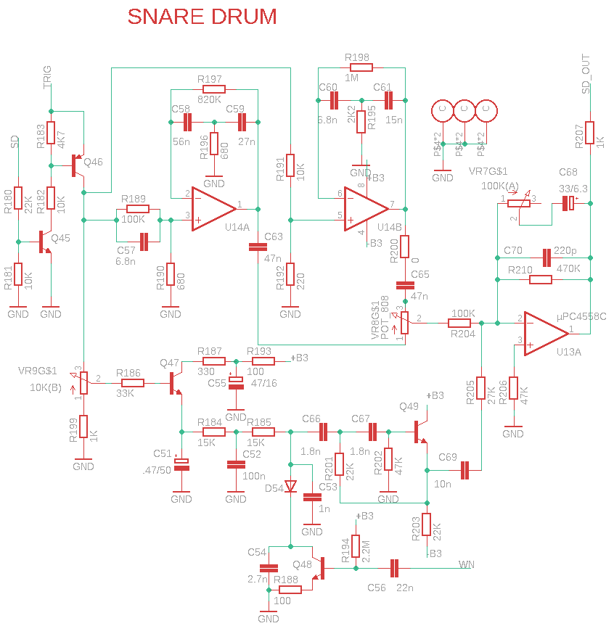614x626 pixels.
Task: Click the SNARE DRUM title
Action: [x=202, y=17]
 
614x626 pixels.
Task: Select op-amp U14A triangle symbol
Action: [x=212, y=209]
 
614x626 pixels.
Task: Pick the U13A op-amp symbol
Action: [x=544, y=333]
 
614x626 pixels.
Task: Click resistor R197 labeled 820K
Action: [x=209, y=90]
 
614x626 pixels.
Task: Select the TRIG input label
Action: [x=48, y=76]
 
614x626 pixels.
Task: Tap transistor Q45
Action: [x=46, y=242]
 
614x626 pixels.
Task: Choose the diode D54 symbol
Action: [x=290, y=486]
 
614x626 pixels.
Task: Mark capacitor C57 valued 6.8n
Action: [x=144, y=242]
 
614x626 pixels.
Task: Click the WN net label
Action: [x=466, y=564]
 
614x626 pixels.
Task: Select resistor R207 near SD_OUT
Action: [x=590, y=133]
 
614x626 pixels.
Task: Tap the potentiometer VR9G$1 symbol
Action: [x=83, y=382]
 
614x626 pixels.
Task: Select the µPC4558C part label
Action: [x=581, y=316]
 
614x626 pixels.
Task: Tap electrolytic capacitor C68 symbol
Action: [x=570, y=204]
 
